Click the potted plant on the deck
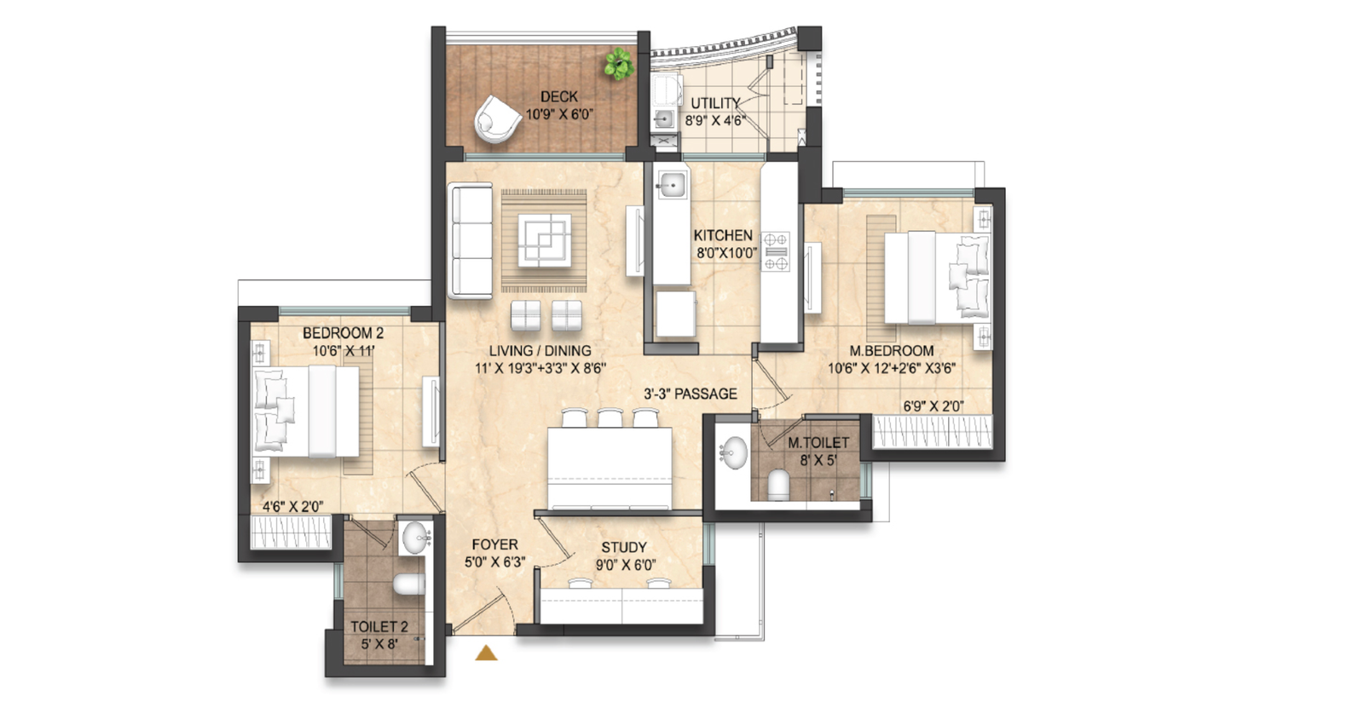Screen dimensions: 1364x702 point(619,64)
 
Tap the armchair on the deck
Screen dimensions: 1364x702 point(498,119)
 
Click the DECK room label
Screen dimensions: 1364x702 point(559,97)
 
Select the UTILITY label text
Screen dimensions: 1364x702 point(715,103)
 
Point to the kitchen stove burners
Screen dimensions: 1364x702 point(776,251)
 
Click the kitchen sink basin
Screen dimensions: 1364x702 point(673,184)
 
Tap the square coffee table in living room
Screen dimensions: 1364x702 point(545,240)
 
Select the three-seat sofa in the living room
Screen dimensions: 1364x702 point(470,241)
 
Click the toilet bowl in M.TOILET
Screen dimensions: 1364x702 point(778,484)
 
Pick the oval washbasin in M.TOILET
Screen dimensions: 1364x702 point(733,452)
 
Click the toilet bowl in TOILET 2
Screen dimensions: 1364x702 point(409,584)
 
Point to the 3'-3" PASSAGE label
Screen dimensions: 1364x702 point(691,394)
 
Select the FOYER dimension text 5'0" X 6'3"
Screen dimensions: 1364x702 point(495,562)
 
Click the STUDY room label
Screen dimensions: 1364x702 point(624,548)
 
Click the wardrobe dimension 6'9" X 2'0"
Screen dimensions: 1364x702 point(933,406)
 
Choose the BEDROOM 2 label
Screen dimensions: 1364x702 point(343,333)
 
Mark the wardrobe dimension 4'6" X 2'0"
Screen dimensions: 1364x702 point(293,506)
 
